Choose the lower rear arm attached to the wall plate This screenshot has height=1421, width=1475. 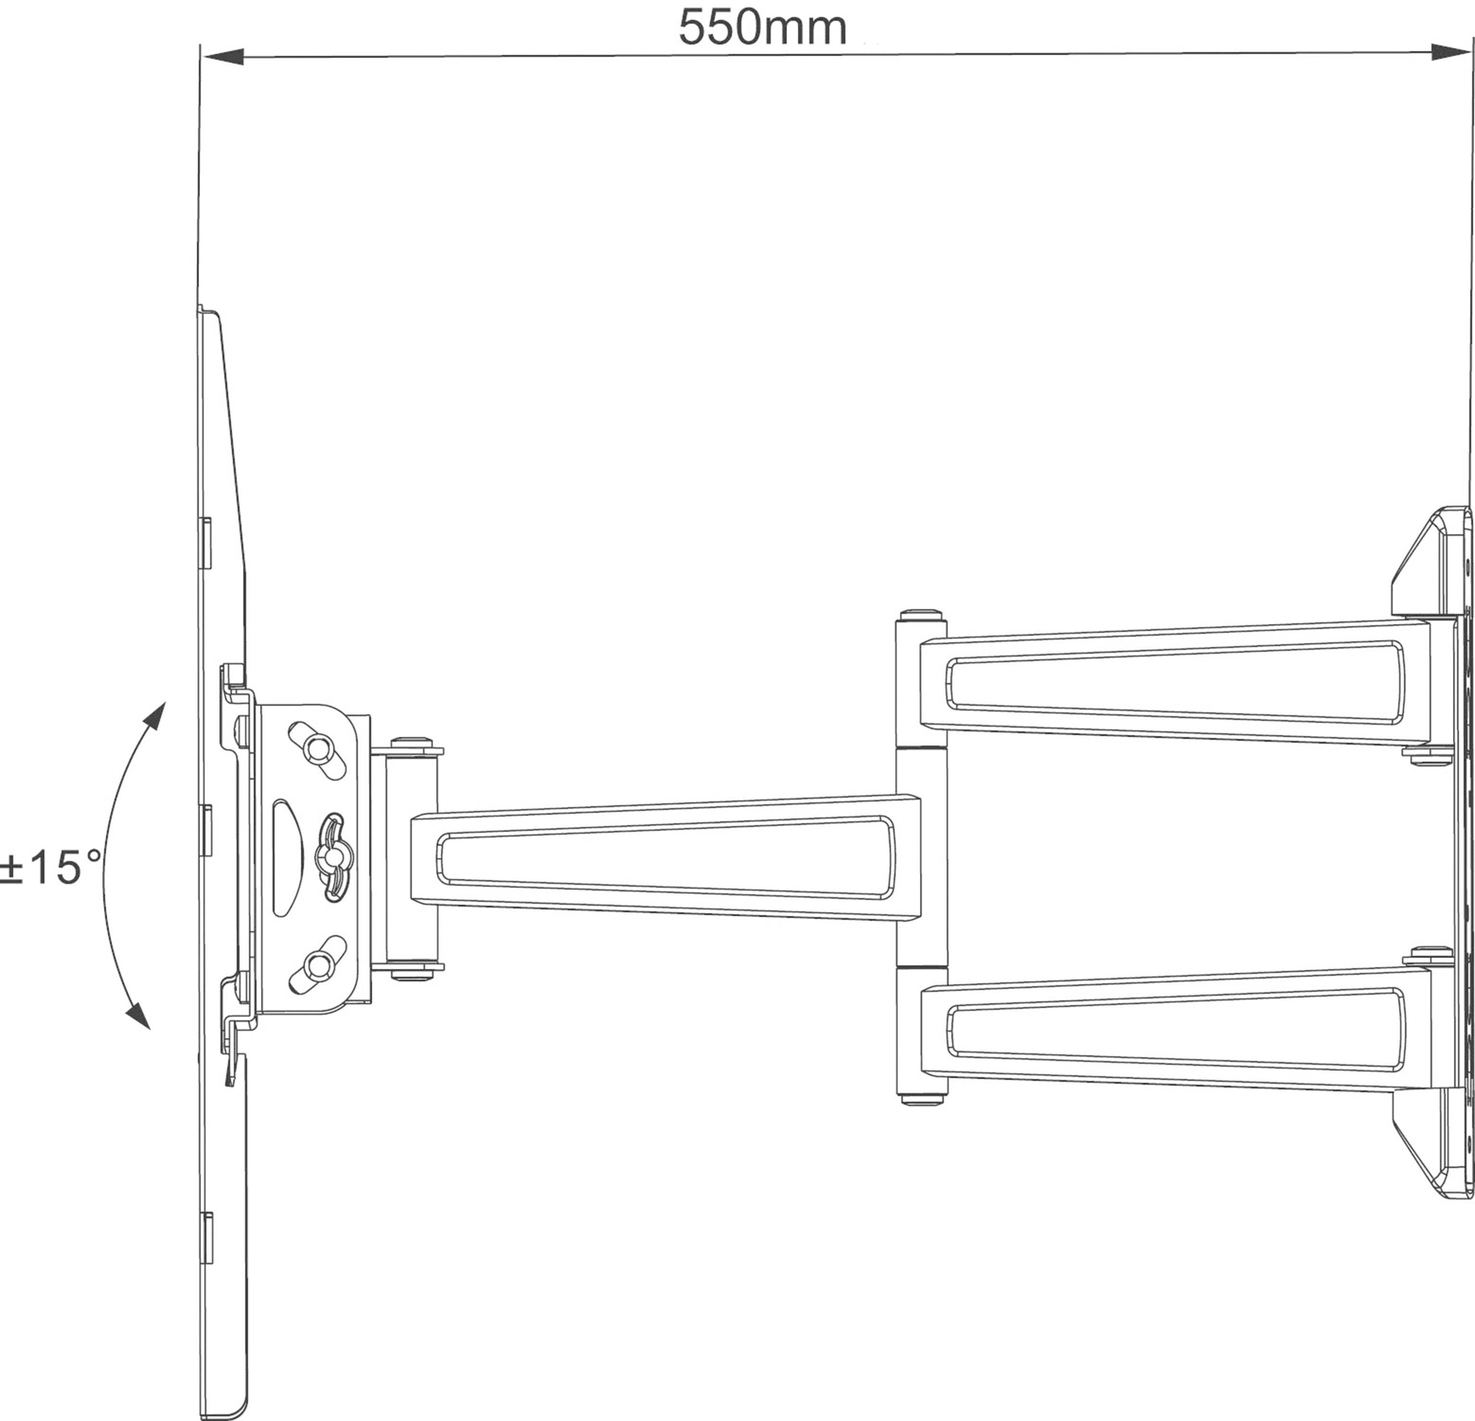tap(1174, 1027)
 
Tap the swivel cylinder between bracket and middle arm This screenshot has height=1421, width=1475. tap(412, 858)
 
